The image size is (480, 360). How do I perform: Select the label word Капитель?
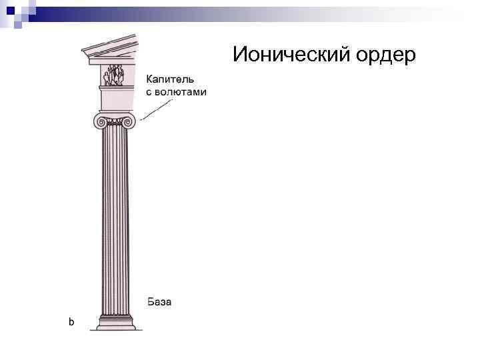click(x=171, y=79)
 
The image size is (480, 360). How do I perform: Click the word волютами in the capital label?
click(x=181, y=92)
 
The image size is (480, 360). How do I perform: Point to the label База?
click(x=159, y=302)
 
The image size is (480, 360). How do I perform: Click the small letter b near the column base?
click(x=71, y=322)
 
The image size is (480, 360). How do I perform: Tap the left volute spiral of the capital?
click(x=100, y=121)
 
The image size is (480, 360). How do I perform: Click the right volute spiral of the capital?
click(x=130, y=121)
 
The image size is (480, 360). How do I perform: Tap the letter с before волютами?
click(x=149, y=92)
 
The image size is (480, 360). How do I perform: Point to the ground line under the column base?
click(x=116, y=330)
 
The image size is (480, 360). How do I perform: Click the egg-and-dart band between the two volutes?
click(x=115, y=122)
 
